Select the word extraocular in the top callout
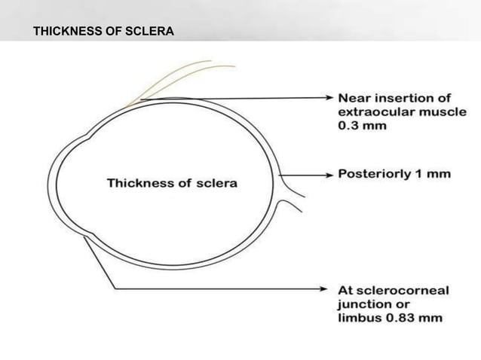(371, 111)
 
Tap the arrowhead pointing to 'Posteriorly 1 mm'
(330, 174)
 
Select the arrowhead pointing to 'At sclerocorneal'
(330, 290)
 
